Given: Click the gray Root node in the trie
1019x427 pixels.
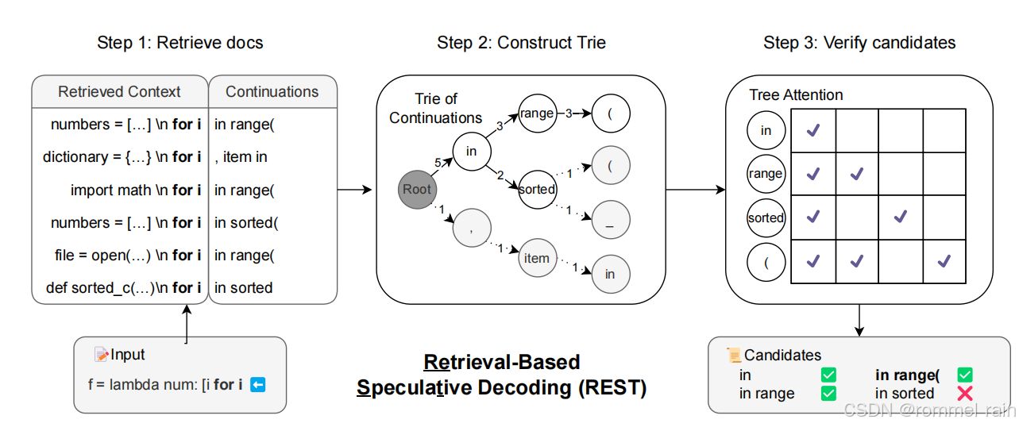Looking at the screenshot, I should [417, 189].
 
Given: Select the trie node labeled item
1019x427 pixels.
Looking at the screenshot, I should [537, 258].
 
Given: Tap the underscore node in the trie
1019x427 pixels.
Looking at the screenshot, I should [609, 224].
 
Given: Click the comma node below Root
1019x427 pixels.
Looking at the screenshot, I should [472, 229].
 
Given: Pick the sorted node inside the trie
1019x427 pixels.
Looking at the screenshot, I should [537, 189].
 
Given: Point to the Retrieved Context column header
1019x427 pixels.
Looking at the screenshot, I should [119, 92].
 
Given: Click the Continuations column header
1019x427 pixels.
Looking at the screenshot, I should [272, 92].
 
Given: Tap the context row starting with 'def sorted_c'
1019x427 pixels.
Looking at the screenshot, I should [123, 287].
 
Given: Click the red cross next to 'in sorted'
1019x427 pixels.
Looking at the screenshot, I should [965, 394].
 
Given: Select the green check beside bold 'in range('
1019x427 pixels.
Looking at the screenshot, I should [965, 375].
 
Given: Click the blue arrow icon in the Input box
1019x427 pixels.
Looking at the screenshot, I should [257, 385].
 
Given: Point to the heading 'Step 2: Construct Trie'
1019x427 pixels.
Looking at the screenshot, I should [521, 43].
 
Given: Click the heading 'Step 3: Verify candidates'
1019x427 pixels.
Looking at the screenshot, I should [859, 43].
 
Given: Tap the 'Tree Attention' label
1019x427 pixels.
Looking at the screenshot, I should [796, 95].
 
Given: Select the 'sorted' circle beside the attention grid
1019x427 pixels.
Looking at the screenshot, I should [766, 218].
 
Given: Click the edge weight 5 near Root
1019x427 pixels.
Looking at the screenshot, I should [437, 163].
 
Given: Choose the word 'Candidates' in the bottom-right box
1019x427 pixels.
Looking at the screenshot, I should [782, 356].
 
